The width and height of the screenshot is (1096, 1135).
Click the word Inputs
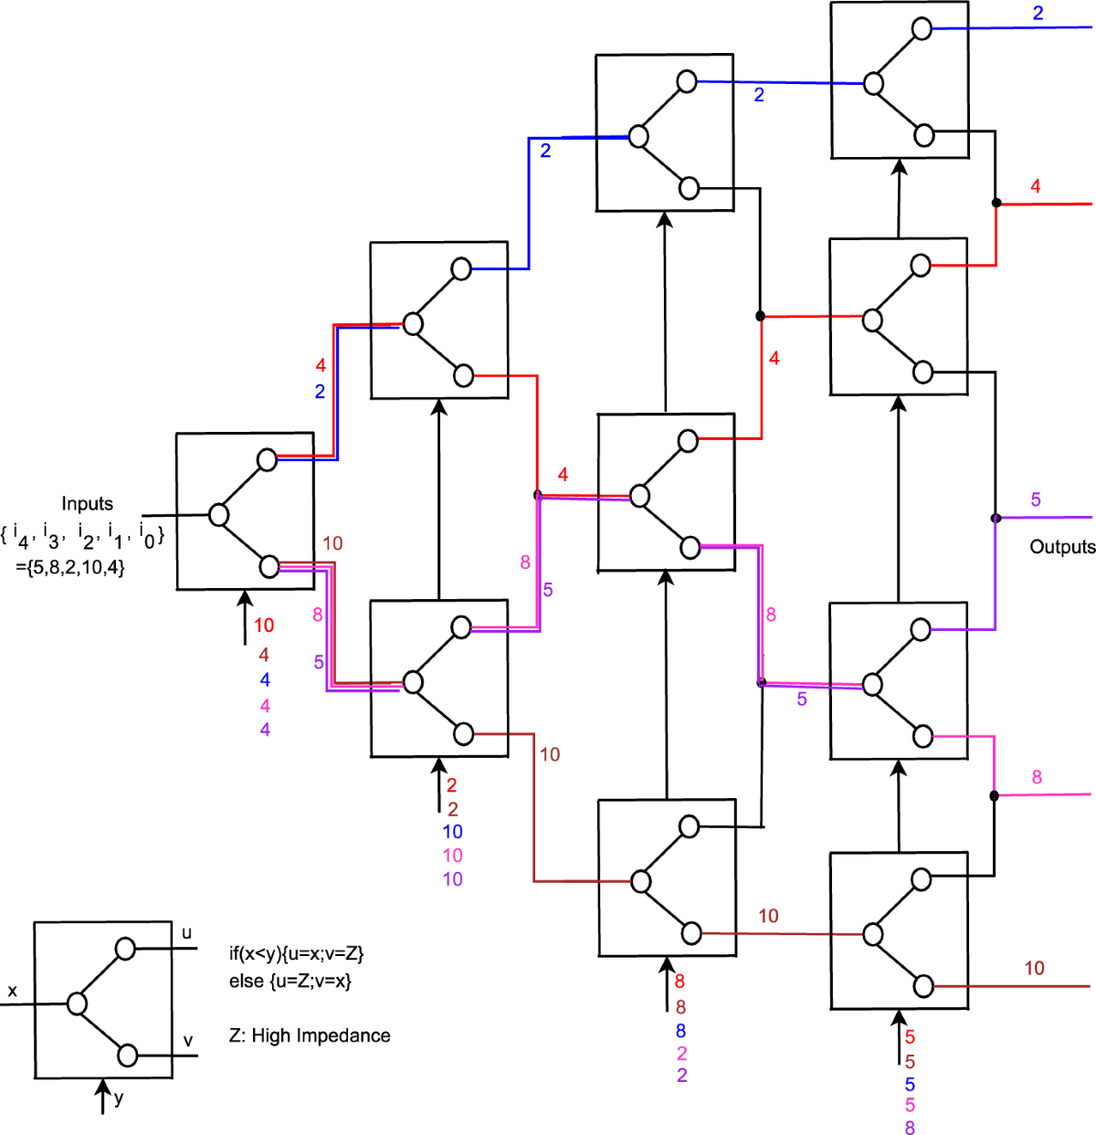coord(87,503)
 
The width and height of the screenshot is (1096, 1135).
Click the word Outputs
coord(1062,547)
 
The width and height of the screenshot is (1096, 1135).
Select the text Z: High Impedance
coord(310,1035)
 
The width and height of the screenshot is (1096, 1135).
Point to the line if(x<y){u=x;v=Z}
coord(296,953)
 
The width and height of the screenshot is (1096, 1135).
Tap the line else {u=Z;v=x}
coord(290,981)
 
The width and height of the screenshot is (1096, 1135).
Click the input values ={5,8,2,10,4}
coord(70,566)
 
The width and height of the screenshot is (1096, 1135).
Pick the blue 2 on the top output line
coord(1038,14)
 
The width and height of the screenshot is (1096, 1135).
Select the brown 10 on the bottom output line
coord(1034,968)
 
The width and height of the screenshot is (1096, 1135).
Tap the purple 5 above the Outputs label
coord(1036,499)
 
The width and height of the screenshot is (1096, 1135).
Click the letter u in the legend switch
coord(187,932)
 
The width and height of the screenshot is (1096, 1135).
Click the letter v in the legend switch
coord(188,1040)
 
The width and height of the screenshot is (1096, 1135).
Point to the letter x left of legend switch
coord(12,991)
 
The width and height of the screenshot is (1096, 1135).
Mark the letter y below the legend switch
coord(119,1098)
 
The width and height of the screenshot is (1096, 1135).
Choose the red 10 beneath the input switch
coord(264,625)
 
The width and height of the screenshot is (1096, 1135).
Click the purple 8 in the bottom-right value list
coord(910,1128)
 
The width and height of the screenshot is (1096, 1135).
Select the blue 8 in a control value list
coord(680,1030)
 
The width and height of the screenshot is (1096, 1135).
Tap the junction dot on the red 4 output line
coord(996,203)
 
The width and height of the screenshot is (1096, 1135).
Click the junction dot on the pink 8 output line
coord(994,795)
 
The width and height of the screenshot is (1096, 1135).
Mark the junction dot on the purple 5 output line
coord(996,518)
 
